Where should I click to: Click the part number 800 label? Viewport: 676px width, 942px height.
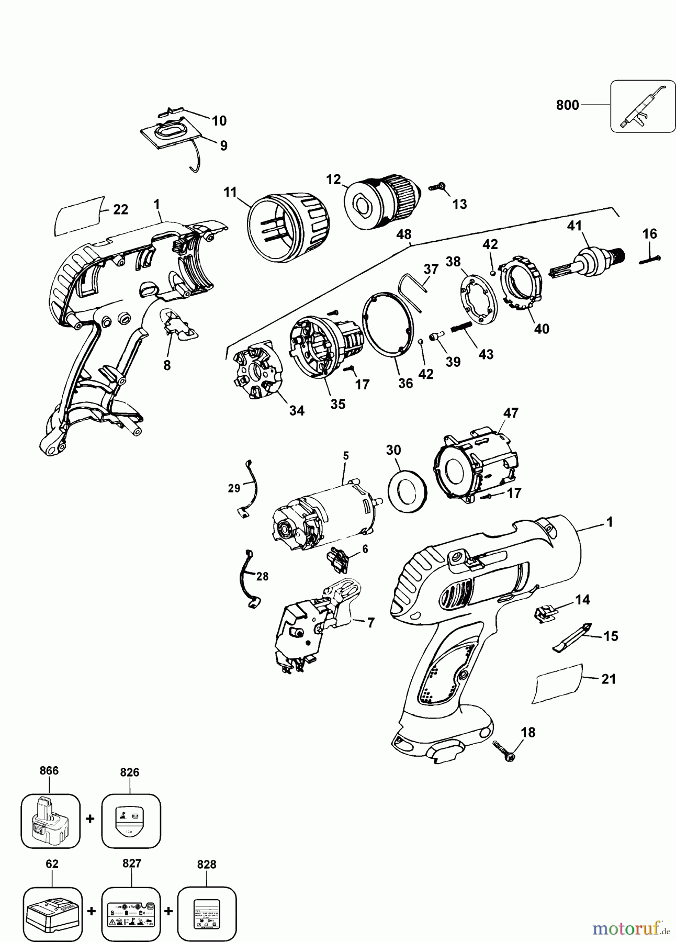tap(567, 105)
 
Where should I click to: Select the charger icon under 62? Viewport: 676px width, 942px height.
tap(53, 911)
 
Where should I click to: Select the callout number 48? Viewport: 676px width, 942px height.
tap(404, 234)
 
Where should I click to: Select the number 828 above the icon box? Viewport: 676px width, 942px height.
tap(207, 865)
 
